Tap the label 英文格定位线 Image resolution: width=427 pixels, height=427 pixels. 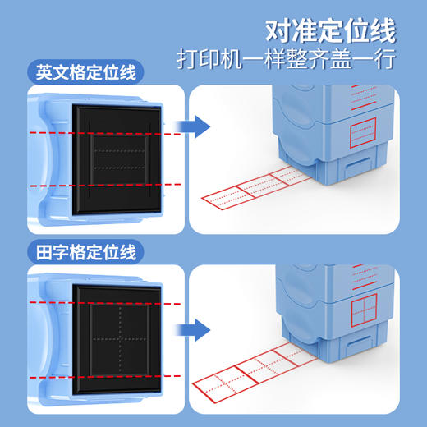pos(85,72)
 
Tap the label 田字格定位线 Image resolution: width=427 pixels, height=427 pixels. pos(85,250)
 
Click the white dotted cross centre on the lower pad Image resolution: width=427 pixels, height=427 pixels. pos(120,338)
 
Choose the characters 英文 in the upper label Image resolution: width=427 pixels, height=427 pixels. pos(56,72)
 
